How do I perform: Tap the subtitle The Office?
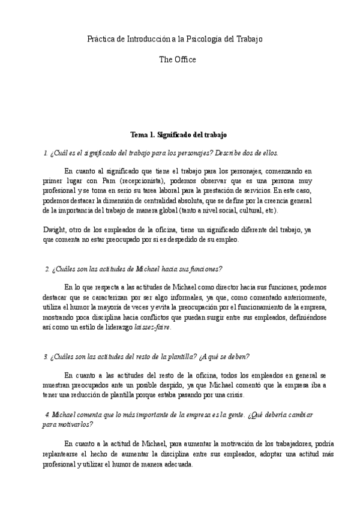coord(178,59)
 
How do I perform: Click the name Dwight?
coord(54,230)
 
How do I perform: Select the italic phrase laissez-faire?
coord(152,328)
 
